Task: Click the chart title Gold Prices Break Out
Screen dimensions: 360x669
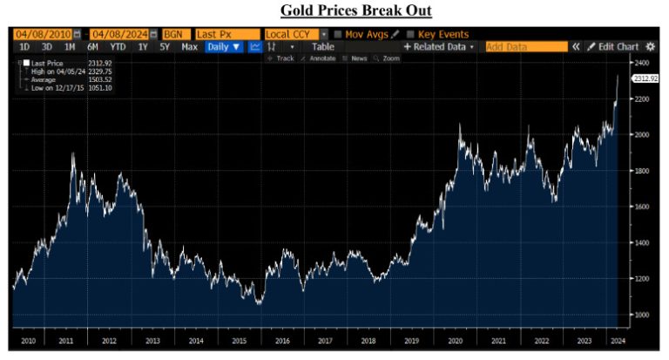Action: coord(355,10)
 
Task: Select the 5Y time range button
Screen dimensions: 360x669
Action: coord(166,46)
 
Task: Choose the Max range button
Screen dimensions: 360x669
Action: coord(189,46)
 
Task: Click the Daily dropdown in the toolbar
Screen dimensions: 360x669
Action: coord(224,46)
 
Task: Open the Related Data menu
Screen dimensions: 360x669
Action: coord(439,46)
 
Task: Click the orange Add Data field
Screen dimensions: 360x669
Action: coord(525,46)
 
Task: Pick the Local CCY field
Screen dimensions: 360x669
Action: coord(294,33)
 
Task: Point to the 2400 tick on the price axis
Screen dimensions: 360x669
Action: coord(642,64)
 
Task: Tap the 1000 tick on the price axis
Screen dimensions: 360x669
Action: coord(642,315)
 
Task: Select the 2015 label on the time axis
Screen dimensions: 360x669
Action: coord(239,341)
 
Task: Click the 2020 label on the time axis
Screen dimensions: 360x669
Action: coord(454,341)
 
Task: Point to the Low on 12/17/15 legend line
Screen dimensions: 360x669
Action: coord(60,89)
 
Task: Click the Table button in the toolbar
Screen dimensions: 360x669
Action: coord(322,46)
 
